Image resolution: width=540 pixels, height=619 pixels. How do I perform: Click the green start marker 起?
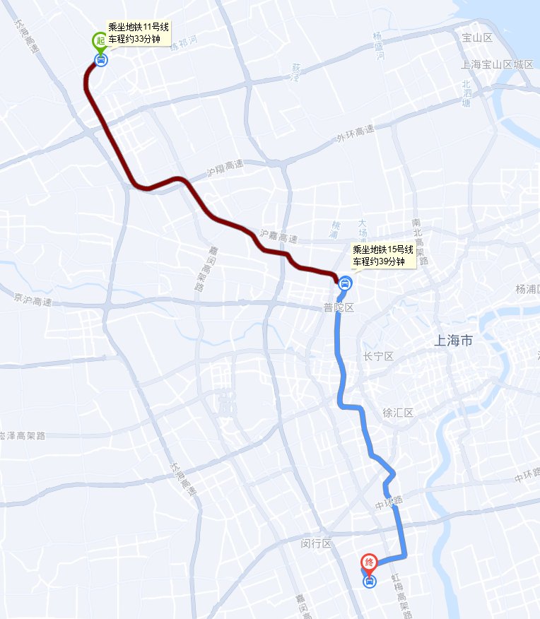(100, 40)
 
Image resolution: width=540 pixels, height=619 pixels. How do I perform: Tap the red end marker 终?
(368, 562)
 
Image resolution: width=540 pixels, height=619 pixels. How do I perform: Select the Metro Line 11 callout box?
(138, 33)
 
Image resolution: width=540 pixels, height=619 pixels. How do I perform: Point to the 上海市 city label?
(453, 341)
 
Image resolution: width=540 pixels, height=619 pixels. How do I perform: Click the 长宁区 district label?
(377, 356)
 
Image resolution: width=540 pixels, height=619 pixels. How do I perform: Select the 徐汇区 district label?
(397, 413)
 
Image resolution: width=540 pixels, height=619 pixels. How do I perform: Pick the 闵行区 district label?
(316, 543)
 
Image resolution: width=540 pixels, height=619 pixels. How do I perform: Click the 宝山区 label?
(476, 37)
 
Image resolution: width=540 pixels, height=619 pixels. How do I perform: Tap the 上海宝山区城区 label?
(496, 64)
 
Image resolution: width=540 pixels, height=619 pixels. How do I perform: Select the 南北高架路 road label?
(417, 240)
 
